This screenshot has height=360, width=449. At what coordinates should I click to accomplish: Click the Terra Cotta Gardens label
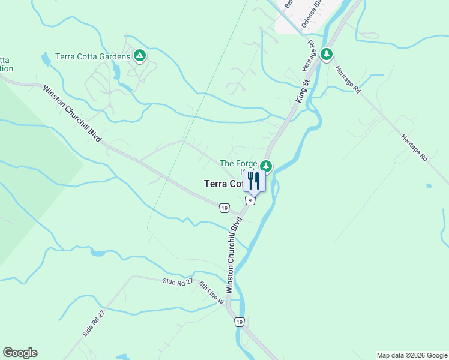[92, 56]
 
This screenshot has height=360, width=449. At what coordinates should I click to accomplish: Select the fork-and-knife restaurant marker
[254, 180]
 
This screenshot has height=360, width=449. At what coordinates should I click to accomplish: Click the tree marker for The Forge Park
[266, 166]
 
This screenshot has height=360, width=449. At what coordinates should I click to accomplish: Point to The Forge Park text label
[238, 163]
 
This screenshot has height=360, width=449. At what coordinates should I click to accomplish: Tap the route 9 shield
[250, 200]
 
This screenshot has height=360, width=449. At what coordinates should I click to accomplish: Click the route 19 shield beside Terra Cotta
[224, 208]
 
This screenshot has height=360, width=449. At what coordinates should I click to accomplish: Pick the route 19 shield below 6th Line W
[240, 322]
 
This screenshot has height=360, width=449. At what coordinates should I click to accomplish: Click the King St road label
[300, 90]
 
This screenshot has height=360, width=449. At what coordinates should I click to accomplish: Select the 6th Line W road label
[211, 293]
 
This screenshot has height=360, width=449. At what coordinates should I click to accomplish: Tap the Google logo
[20, 353]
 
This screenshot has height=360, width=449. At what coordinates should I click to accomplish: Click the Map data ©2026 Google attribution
[412, 355]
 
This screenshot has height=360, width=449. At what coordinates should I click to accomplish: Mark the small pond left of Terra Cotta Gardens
[46, 59]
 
